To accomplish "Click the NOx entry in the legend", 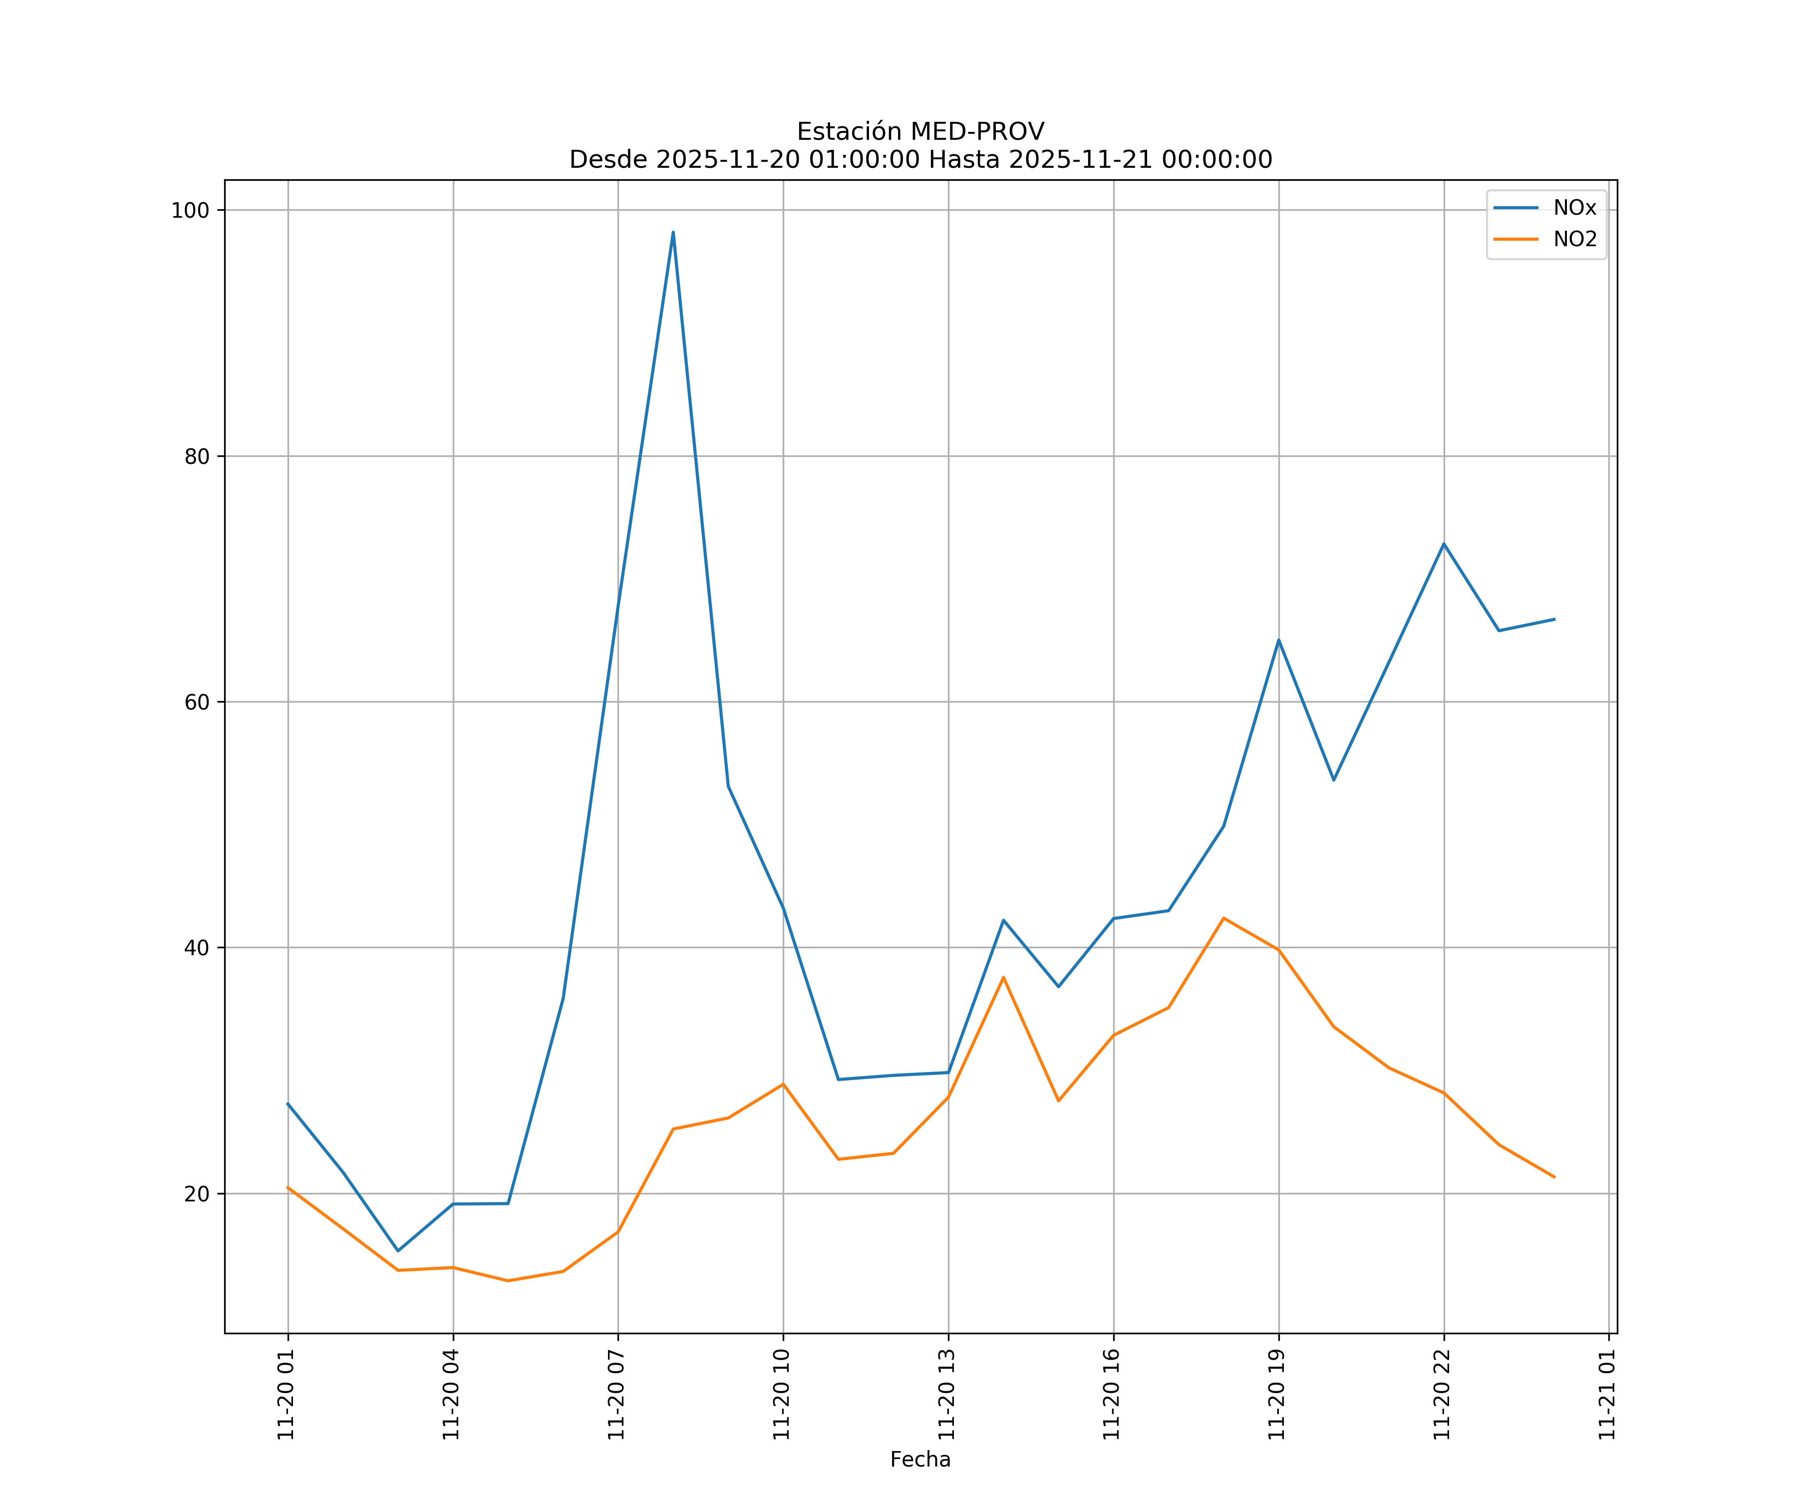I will click(1574, 209).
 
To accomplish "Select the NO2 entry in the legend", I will click(1574, 240).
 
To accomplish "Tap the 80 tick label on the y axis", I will click(197, 456).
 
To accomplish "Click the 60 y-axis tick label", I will click(197, 702).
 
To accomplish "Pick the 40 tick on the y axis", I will click(197, 948).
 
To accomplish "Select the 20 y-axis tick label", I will click(197, 1194).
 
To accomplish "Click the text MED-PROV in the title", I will click(977, 132).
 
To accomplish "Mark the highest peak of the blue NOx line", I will click(672, 232).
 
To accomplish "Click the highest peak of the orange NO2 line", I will click(1223, 918).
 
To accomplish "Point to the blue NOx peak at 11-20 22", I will click(1444, 544).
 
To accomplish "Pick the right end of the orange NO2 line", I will click(1554, 1177).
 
